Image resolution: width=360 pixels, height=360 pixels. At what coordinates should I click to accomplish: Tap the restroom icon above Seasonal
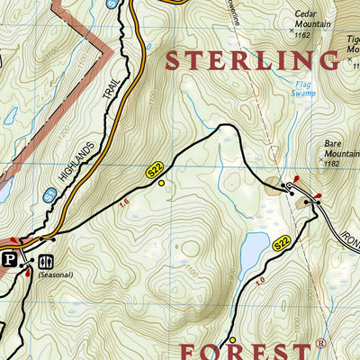[x=45, y=261]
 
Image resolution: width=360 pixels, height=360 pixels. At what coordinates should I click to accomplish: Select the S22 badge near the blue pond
[x=282, y=243]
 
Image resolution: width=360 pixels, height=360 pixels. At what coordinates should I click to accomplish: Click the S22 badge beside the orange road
[x=155, y=168]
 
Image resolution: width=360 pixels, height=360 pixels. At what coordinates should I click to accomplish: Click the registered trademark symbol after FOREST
[x=320, y=343]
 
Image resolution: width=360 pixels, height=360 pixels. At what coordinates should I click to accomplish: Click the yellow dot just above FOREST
[x=231, y=339]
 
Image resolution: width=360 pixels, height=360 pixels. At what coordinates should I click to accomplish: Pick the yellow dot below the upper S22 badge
[x=161, y=183]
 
